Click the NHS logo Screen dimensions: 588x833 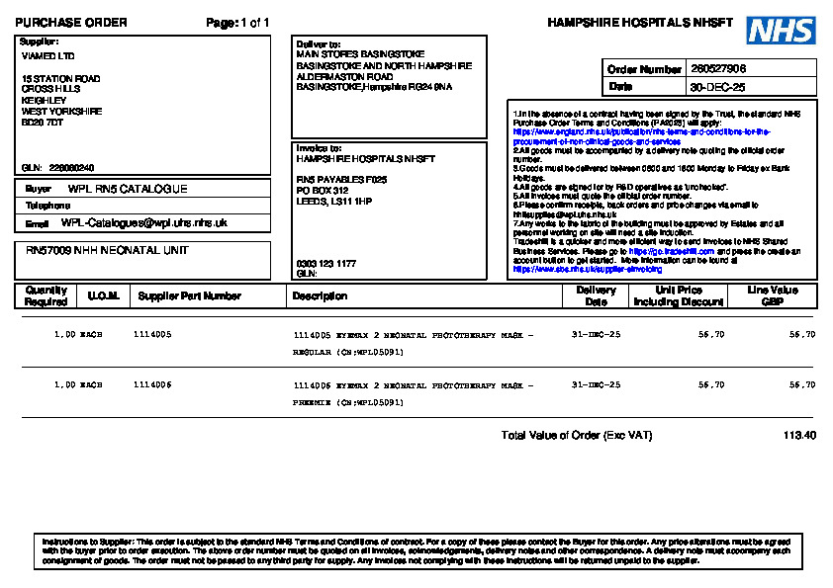pos(781,31)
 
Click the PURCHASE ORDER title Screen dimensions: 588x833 pos(71,23)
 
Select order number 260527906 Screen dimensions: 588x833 pos(718,69)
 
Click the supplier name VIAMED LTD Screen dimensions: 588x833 pos(48,56)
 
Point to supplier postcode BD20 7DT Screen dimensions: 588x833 pos(43,123)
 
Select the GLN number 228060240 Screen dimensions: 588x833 pos(71,168)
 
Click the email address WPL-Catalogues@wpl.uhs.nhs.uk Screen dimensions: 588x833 pos(143,223)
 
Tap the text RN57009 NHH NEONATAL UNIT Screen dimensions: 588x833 pos(107,251)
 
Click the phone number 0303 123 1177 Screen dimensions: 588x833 pos(326,264)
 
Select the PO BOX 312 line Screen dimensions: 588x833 pos(323,190)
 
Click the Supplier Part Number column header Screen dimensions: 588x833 pos(190,295)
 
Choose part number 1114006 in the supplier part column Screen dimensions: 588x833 pos(152,384)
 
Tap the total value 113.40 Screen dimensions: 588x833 pos(799,436)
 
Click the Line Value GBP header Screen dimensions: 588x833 pos(773,295)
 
